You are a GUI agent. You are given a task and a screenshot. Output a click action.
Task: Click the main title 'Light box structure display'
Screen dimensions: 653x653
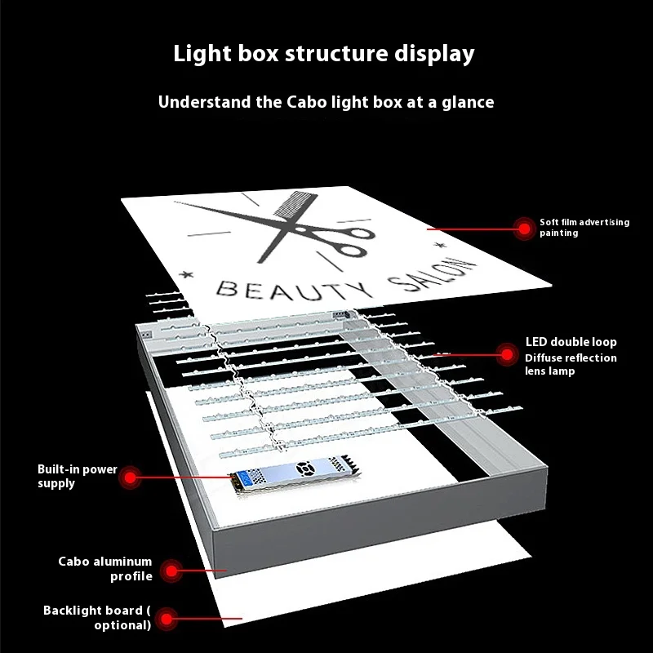click(x=323, y=54)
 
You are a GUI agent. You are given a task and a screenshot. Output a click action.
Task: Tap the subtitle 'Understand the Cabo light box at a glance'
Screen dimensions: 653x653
click(x=326, y=103)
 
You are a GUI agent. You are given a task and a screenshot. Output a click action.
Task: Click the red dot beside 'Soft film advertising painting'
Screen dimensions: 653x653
click(x=524, y=229)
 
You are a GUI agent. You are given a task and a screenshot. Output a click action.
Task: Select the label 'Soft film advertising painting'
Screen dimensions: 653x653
click(x=584, y=228)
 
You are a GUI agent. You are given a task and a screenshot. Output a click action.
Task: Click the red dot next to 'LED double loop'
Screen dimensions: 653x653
click(x=507, y=354)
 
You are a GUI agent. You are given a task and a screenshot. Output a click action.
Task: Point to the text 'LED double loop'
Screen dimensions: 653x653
click(x=571, y=342)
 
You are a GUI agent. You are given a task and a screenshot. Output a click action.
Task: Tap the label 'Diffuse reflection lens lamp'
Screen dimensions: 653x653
click(x=571, y=364)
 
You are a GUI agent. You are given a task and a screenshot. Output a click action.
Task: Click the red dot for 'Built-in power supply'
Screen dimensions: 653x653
click(x=131, y=478)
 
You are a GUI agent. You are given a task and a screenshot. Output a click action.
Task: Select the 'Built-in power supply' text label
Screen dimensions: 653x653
click(x=78, y=476)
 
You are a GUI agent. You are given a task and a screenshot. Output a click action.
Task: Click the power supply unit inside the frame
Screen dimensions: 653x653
click(x=295, y=473)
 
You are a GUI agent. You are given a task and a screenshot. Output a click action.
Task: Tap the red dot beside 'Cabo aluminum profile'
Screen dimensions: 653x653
click(x=171, y=570)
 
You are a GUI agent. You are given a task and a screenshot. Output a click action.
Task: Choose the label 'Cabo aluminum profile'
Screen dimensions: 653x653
click(x=105, y=569)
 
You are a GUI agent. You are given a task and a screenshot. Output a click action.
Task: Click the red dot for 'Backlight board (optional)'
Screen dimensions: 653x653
click(x=167, y=619)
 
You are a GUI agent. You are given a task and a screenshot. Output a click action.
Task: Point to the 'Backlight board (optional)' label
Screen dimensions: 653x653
click(x=97, y=618)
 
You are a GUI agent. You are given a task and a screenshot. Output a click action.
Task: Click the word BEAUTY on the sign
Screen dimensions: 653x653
click(x=294, y=290)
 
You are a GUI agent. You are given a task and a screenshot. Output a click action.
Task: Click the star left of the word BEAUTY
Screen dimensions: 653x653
click(x=186, y=274)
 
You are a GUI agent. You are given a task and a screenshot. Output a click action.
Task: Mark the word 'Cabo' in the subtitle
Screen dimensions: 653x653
click(x=307, y=103)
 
